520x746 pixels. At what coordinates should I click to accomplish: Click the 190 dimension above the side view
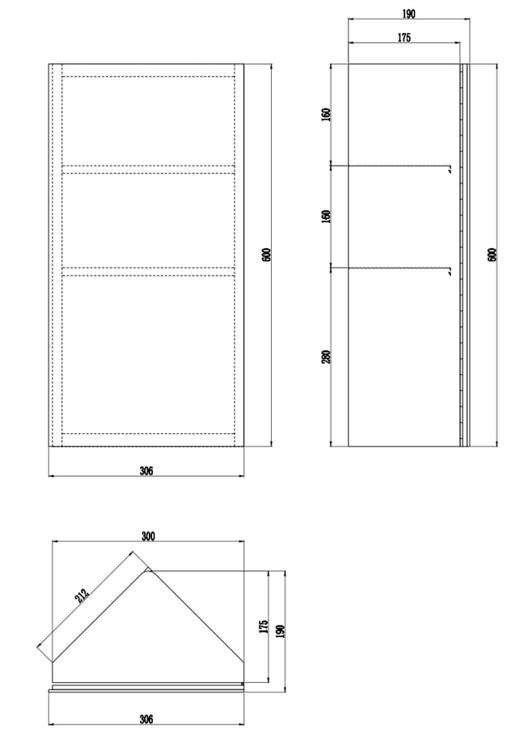pos(408,14)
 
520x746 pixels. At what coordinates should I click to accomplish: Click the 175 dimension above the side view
pos(404,37)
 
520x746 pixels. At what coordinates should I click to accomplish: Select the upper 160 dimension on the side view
pos(326,114)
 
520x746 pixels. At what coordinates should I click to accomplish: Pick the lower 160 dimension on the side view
pos(326,217)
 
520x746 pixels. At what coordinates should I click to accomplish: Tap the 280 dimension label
pos(326,356)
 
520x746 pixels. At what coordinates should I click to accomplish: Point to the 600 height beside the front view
pos(267,255)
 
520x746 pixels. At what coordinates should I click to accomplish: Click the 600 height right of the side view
pos(493,255)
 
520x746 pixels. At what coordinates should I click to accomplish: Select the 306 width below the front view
pos(146,470)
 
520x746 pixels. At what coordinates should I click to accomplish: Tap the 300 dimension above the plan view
pos(148,536)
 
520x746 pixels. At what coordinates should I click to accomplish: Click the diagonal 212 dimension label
pos(82,596)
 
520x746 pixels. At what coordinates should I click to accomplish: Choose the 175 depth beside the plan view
pos(264,626)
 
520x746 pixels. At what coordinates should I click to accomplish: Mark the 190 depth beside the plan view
pos(280,631)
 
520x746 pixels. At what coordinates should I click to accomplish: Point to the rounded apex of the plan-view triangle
pos(148,570)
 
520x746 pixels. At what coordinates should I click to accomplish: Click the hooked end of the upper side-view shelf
pos(449,169)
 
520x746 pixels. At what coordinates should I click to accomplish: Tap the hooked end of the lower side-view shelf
pos(449,272)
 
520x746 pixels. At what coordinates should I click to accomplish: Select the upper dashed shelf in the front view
pos(148,169)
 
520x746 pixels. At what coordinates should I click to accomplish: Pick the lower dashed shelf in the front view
pos(148,272)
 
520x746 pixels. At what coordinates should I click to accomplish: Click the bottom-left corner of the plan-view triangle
pos(53,662)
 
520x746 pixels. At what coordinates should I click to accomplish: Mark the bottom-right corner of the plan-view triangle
pos(243,662)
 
